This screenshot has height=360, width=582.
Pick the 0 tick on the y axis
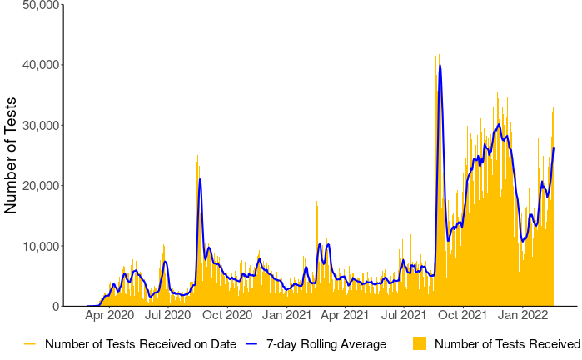click(x=55, y=307)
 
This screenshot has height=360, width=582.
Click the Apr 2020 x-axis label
click(x=110, y=315)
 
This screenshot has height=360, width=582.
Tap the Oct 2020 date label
click(x=227, y=315)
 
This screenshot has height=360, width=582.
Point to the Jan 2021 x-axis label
click(x=287, y=315)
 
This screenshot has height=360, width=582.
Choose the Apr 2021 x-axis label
click(x=345, y=315)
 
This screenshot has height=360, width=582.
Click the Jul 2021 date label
click(x=403, y=315)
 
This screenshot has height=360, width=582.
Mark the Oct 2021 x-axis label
click(x=462, y=315)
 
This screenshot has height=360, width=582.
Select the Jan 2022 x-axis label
click(x=522, y=315)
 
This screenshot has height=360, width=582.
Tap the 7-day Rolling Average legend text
click(x=326, y=343)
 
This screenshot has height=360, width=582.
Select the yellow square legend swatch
click(x=420, y=343)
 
